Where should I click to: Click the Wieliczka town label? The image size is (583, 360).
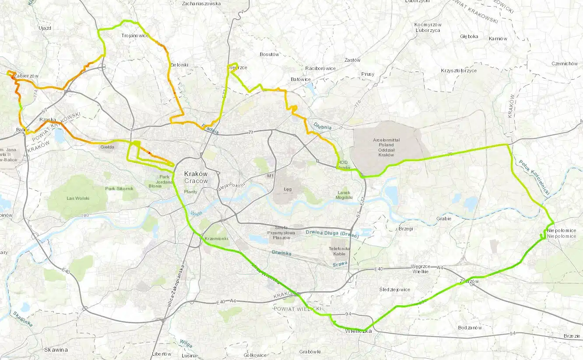click(x=359, y=331)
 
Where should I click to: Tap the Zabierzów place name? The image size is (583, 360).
click(x=26, y=76)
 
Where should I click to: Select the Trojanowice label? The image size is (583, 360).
click(x=135, y=35)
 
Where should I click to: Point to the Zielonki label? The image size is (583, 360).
click(x=179, y=65)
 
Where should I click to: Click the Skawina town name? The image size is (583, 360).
click(x=56, y=350)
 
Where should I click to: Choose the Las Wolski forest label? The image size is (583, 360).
click(x=78, y=198)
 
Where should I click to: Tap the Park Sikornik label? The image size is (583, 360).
click(x=119, y=188)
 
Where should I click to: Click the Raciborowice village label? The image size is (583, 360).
click(x=320, y=68)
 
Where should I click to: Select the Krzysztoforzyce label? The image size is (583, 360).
click(x=459, y=71)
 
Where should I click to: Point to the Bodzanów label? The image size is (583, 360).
click(x=470, y=328)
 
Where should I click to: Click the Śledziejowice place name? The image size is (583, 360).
click(x=394, y=289)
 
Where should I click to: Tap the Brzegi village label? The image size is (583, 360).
click(x=406, y=229)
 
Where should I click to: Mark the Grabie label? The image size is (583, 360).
click(x=444, y=219)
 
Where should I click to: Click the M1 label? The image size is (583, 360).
click(x=270, y=176)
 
